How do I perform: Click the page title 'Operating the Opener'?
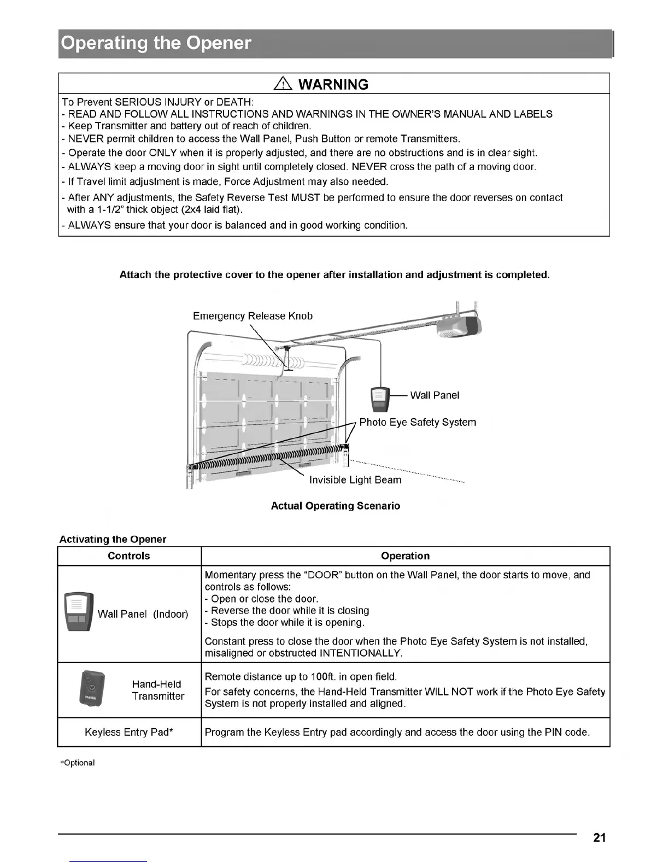tap(156, 43)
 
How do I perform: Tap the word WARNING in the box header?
tap(334, 84)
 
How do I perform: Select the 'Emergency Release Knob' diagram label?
tap(253, 316)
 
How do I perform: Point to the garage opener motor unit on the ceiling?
tap(459, 326)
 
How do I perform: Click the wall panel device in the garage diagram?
tap(380, 399)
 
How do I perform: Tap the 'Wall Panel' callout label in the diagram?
tap(435, 395)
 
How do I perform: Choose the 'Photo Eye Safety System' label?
tap(418, 422)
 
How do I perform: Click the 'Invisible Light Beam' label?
tap(355, 480)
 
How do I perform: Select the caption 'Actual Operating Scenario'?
tap(336, 506)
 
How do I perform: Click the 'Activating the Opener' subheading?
tap(113, 539)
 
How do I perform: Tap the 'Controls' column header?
tap(129, 556)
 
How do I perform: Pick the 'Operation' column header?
tap(405, 556)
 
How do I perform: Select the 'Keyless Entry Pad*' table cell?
tap(129, 732)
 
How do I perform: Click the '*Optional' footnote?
tap(77, 763)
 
